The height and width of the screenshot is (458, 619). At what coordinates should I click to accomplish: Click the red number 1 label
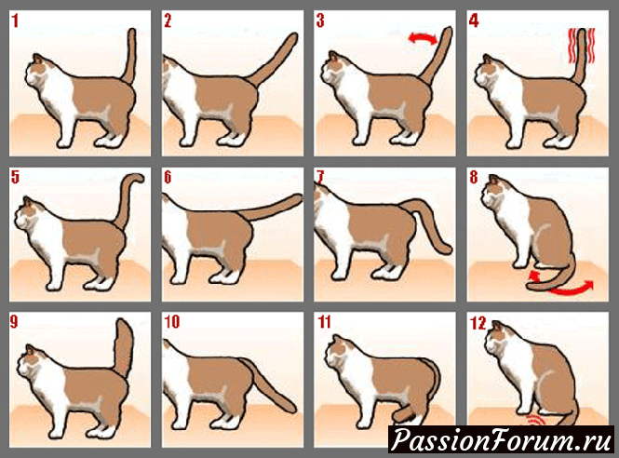[x=15, y=20]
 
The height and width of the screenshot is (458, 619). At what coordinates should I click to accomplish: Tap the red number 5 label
[x=15, y=177]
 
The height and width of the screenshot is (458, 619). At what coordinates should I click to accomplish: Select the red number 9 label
[x=14, y=322]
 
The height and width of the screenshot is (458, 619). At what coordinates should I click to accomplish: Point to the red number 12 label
[x=478, y=323]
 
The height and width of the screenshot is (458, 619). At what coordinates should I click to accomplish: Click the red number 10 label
[x=171, y=322]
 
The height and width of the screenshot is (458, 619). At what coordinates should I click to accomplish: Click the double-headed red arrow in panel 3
[x=423, y=38]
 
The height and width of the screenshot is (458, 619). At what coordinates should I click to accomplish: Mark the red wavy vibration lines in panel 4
[x=581, y=47]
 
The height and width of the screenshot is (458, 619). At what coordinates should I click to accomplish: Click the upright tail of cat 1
[x=130, y=55]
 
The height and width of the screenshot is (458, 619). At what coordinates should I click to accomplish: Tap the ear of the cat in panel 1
[x=37, y=59]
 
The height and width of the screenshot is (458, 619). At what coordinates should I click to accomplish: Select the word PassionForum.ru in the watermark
[x=502, y=439]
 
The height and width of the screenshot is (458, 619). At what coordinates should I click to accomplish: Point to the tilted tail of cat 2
[x=274, y=60]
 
